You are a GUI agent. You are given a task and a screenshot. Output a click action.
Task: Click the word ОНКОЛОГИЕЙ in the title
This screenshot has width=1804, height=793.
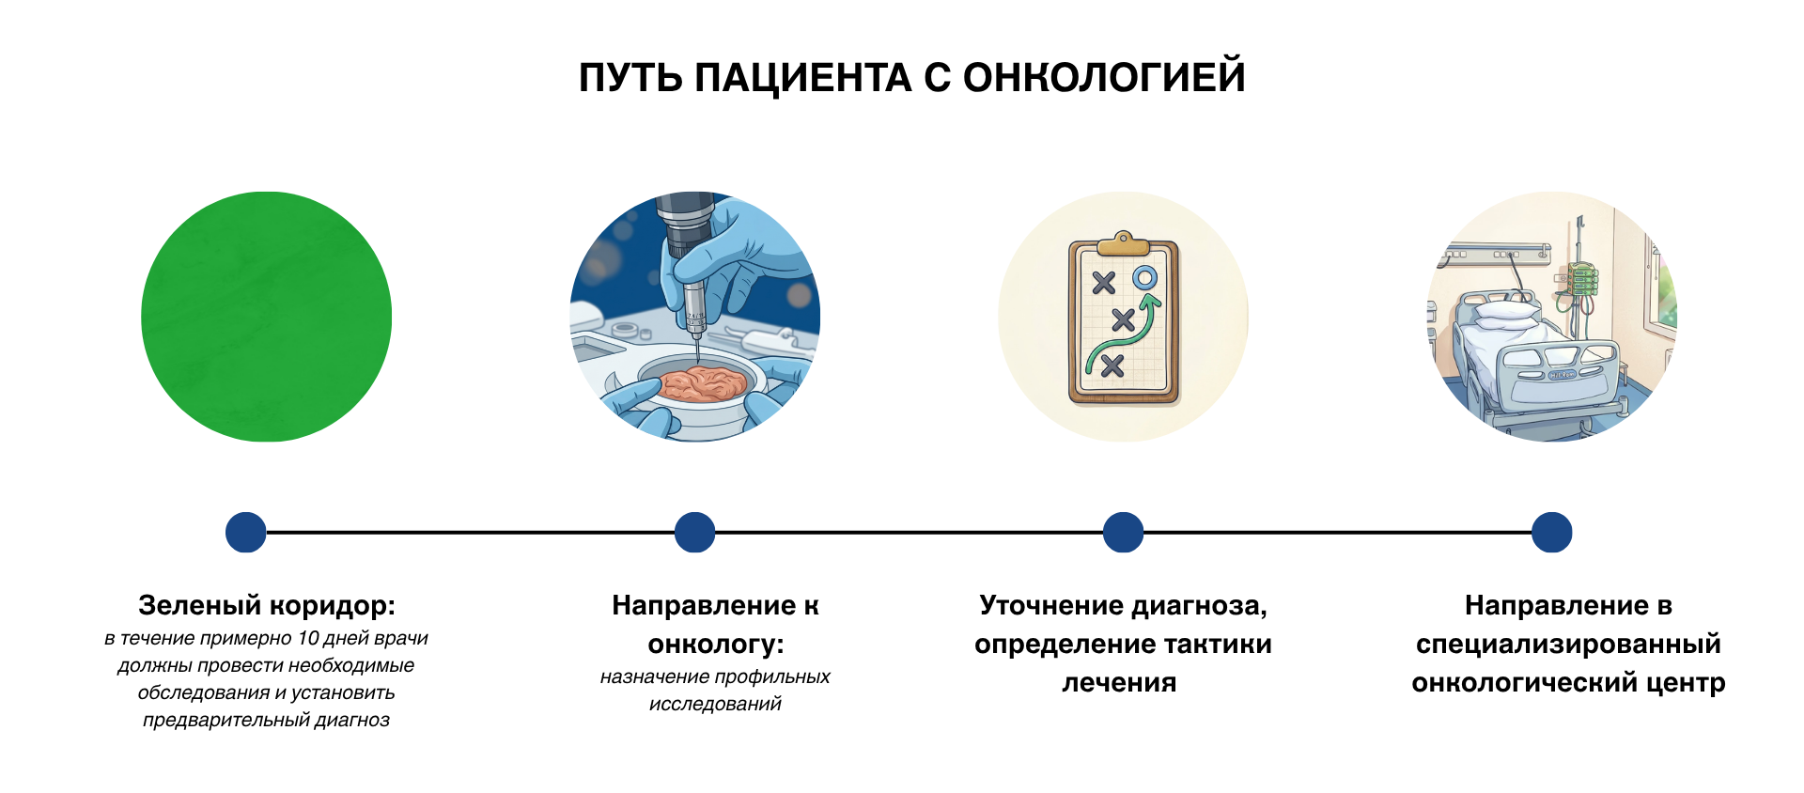pyautogui.click(x=1104, y=77)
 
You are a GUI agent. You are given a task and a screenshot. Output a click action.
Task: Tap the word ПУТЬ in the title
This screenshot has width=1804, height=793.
pyautogui.click(x=630, y=78)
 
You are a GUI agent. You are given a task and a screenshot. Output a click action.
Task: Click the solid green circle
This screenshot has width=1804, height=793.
pyautogui.click(x=266, y=317)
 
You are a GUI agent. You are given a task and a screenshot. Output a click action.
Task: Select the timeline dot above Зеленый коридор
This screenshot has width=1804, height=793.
pyautogui.click(x=246, y=532)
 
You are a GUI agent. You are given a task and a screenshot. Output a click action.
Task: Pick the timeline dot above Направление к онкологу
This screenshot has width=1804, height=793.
pyautogui.click(x=695, y=532)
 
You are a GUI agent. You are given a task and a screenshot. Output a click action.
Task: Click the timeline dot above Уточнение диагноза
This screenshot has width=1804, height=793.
pyautogui.click(x=1123, y=532)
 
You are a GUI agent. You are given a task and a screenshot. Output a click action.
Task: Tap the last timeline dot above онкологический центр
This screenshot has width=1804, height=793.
pyautogui.click(x=1552, y=532)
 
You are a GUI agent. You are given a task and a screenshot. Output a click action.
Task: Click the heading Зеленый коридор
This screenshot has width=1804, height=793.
pyautogui.click(x=267, y=606)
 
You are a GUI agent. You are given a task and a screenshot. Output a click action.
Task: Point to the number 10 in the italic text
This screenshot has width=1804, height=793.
pyautogui.click(x=308, y=638)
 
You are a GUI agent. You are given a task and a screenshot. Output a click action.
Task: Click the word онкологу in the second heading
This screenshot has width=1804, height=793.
pyautogui.click(x=716, y=645)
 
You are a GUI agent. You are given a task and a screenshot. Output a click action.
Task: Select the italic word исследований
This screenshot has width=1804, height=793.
pyautogui.click(x=715, y=704)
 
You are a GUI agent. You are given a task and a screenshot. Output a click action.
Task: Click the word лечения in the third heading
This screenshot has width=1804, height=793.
pyautogui.click(x=1120, y=683)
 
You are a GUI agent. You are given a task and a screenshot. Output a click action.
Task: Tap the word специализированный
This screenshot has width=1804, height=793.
pyautogui.click(x=1568, y=645)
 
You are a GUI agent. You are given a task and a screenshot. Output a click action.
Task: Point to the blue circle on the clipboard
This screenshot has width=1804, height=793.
pyautogui.click(x=1144, y=277)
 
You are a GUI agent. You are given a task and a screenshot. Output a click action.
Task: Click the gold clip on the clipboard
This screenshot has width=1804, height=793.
pyautogui.click(x=1123, y=244)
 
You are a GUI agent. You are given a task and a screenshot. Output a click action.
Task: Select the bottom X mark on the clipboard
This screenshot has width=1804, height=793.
pyautogui.click(x=1112, y=365)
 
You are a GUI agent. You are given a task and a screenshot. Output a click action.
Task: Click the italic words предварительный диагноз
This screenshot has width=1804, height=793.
pyautogui.click(x=266, y=721)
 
